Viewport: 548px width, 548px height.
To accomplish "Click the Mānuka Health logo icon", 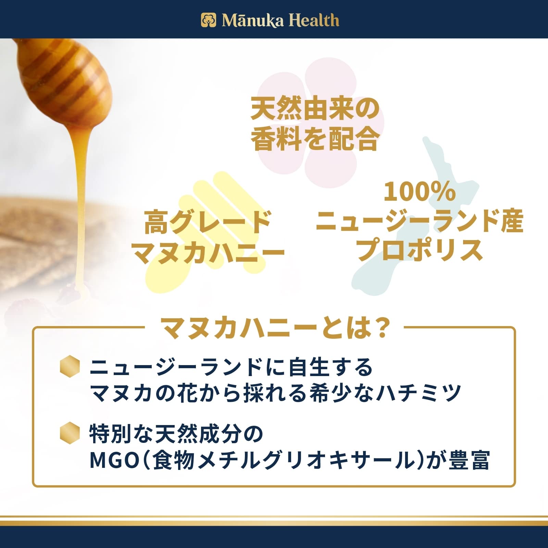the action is pyautogui.click(x=209, y=20).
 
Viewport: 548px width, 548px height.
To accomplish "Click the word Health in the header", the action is pyautogui.click(x=314, y=20).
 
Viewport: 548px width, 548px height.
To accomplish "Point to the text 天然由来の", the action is pyautogui.click(x=315, y=109).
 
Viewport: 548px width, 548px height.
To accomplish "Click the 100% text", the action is pyautogui.click(x=420, y=191).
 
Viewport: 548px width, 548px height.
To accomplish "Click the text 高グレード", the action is pyautogui.click(x=208, y=222).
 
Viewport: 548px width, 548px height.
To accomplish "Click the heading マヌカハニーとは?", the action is pyautogui.click(x=274, y=328).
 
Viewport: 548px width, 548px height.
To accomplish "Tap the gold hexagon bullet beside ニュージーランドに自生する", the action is pyautogui.click(x=70, y=366).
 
